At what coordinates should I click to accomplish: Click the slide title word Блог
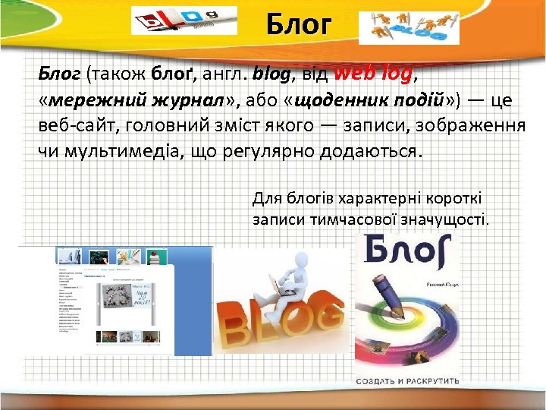click(299, 24)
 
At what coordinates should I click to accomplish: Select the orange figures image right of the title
click(409, 27)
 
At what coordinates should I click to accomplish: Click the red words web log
click(373, 74)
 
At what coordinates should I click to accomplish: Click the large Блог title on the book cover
click(409, 258)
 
